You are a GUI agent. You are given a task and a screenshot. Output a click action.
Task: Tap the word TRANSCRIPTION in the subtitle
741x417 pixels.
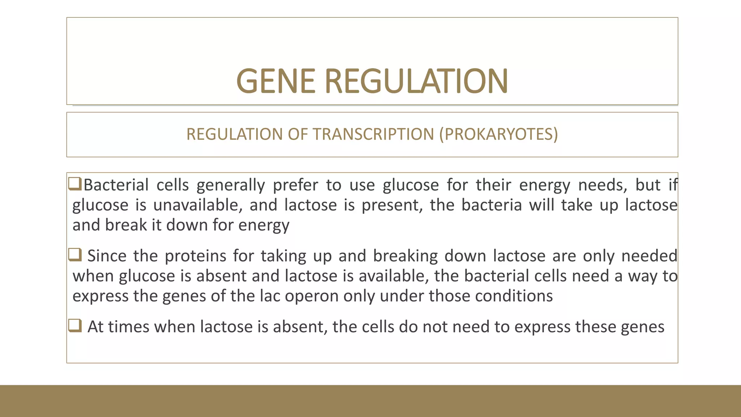[x=373, y=134]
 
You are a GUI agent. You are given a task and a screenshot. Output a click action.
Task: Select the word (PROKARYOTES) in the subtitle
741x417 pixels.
[x=499, y=134]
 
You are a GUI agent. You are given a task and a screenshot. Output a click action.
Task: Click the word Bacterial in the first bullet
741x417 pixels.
[x=116, y=185]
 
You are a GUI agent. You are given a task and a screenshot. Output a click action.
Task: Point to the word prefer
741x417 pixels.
[x=295, y=185]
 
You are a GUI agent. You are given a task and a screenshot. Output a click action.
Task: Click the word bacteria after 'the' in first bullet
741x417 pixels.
[x=491, y=205]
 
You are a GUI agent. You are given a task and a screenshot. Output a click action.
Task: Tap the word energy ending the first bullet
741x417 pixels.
[x=264, y=226]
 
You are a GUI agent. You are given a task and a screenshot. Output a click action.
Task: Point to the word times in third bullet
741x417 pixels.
[x=128, y=327]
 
